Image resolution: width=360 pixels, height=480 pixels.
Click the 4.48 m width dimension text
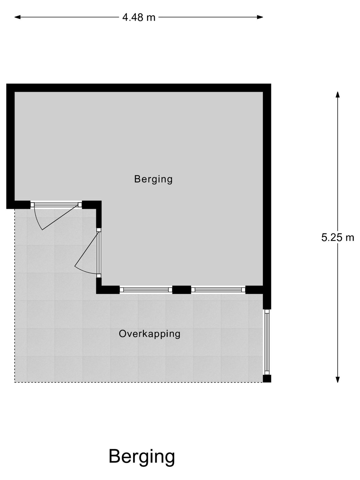tap(139, 17)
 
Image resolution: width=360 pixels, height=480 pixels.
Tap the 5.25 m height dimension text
tap(337, 237)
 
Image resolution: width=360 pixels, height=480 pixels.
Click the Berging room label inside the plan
tap(153, 179)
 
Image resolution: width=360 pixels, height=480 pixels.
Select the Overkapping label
tap(150, 334)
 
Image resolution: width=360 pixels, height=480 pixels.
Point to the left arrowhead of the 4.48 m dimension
tap(17, 17)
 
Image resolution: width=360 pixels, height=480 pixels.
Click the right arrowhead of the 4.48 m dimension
tap(260, 17)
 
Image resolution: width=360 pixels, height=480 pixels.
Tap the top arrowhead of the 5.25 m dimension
tap(338, 94)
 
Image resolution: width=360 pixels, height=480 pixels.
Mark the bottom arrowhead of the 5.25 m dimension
tap(338, 380)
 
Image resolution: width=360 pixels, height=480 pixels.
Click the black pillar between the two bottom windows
tap(182, 290)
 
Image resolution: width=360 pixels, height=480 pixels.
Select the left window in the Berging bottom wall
tap(146, 290)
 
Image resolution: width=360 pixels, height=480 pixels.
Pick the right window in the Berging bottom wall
tap(218, 290)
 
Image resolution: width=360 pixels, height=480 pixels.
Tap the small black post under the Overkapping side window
tap(267, 379)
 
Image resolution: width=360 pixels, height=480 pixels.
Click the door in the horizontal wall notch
tap(56, 205)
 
